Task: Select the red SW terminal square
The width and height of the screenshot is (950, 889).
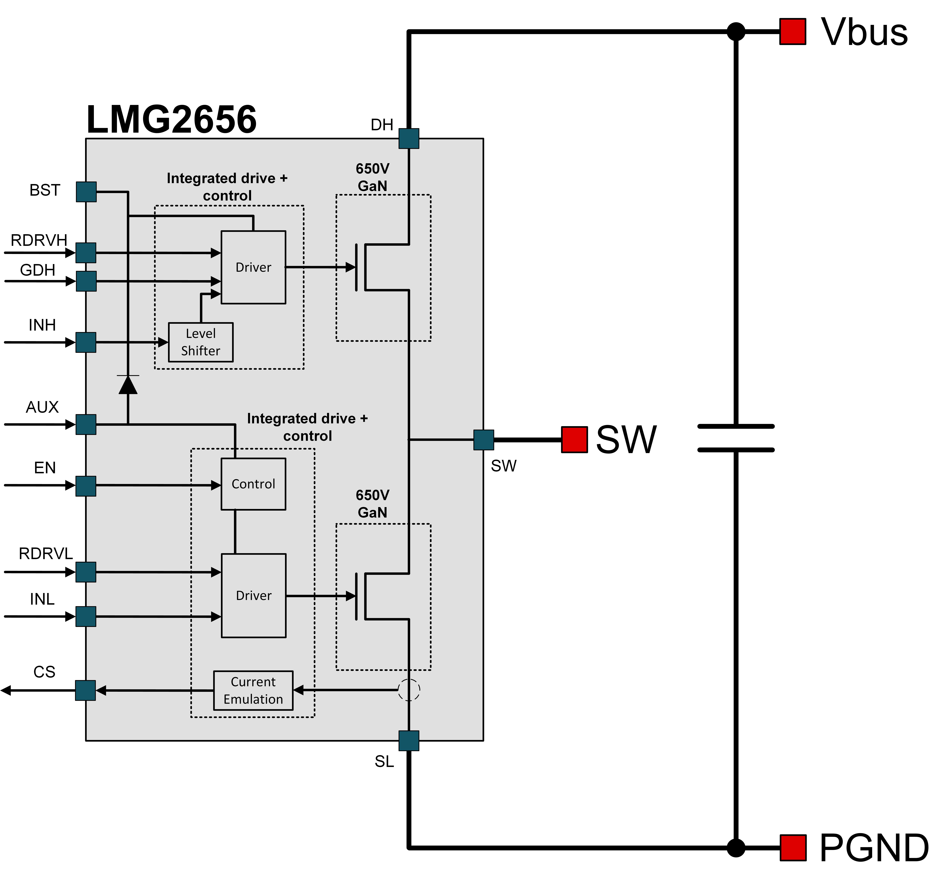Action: pos(574,440)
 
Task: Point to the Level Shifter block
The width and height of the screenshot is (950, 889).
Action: pos(201,342)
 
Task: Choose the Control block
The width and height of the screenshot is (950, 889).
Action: pos(253,484)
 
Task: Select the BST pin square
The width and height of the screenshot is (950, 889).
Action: pos(86,192)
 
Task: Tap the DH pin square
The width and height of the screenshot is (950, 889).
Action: pos(409,139)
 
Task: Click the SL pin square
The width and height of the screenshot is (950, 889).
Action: pos(409,741)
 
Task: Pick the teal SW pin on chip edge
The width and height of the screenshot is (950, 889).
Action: pos(484,440)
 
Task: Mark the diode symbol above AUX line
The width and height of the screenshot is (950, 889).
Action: pos(128,385)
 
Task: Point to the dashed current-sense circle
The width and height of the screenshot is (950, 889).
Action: pos(409,690)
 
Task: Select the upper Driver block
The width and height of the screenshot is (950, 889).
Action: pos(253,267)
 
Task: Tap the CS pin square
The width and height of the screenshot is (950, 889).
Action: pos(86,690)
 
